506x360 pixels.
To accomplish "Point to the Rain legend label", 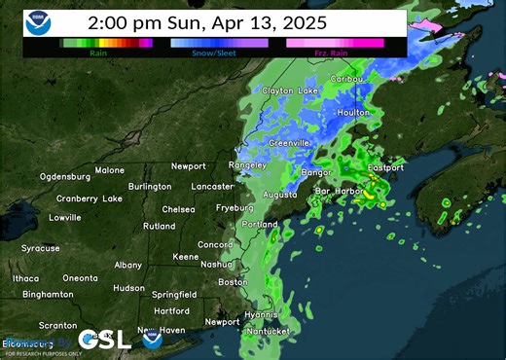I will pyautogui.click(x=97, y=54).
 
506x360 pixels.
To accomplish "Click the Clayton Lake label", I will pyautogui.click(x=290, y=90).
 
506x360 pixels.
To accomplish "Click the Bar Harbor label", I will pyautogui.click(x=338, y=191).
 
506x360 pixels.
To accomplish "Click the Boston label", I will pyautogui.click(x=234, y=282).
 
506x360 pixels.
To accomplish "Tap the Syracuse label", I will pyautogui.click(x=41, y=248).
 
